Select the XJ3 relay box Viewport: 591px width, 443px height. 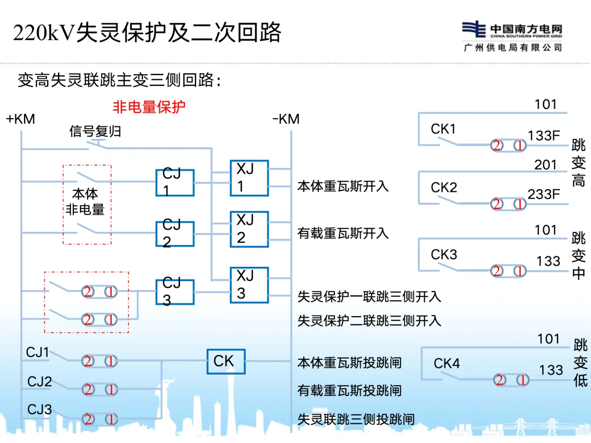[249, 284]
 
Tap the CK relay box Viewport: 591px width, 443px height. [226, 362]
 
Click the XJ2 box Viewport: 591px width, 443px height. [249, 229]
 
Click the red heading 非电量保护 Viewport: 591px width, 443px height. [149, 107]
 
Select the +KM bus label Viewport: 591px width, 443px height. [20, 119]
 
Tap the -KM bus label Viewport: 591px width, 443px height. [286, 119]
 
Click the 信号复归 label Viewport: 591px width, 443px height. [95, 132]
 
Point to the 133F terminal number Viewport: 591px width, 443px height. [544, 136]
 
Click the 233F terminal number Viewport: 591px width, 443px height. [544, 194]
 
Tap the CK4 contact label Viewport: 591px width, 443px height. [447, 364]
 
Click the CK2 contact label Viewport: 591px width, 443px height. [444, 188]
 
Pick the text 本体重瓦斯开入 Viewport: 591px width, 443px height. [343, 186]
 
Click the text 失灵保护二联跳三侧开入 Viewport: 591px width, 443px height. [369, 320]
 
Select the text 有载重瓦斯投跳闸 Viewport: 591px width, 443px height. [349, 390]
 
